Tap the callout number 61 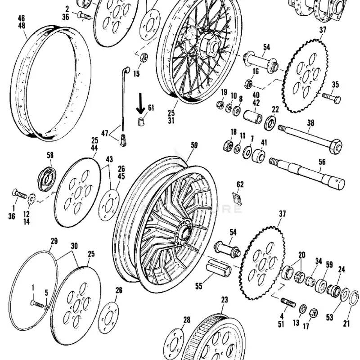click(x=151, y=107)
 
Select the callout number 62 click(x=240, y=184)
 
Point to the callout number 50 click(x=194, y=145)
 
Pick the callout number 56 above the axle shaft click(x=322, y=162)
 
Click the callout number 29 click(x=54, y=242)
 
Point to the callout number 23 click(x=225, y=299)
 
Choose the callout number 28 click(x=186, y=319)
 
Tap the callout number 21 click(x=346, y=323)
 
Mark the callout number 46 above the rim click(x=21, y=18)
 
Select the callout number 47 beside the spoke click(x=104, y=133)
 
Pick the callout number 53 click(x=330, y=318)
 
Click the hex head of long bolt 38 click(x=335, y=146)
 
